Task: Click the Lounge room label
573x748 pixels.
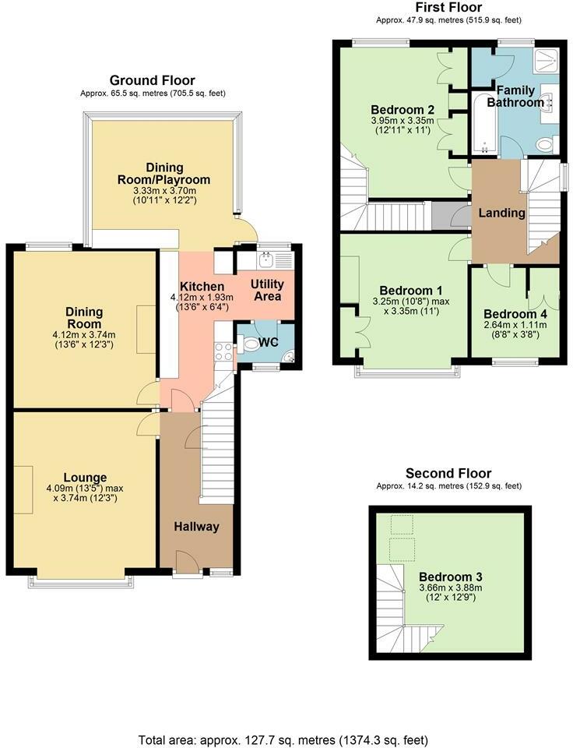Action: pyautogui.click(x=86, y=478)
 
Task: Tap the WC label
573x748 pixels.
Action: pyautogui.click(x=268, y=343)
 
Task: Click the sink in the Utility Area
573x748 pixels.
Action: pyautogui.click(x=265, y=260)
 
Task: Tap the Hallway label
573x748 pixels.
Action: pyautogui.click(x=196, y=527)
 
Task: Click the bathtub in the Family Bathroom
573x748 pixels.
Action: pyautogui.click(x=484, y=123)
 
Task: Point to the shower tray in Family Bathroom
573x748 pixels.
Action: pyautogui.click(x=547, y=61)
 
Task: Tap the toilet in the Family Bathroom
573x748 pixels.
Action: pyautogui.click(x=545, y=143)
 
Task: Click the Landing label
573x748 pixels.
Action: pyautogui.click(x=502, y=213)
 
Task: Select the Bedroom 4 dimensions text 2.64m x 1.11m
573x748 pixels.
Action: pyautogui.click(x=515, y=325)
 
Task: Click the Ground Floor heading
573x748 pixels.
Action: pyautogui.click(x=153, y=80)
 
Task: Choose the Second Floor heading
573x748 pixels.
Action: pyautogui.click(x=448, y=473)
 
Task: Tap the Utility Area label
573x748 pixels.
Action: pyautogui.click(x=268, y=290)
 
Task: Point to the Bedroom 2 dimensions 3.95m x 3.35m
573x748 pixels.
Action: pyautogui.click(x=403, y=120)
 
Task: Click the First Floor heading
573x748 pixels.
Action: pyautogui.click(x=448, y=7)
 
